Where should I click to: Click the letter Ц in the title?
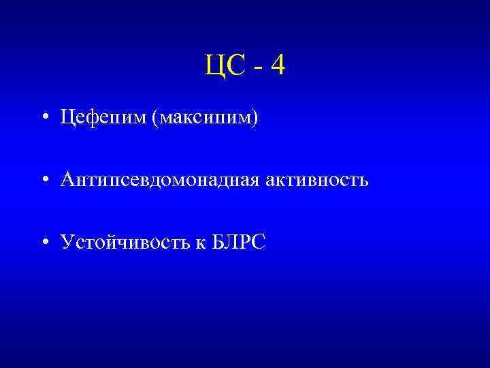[x=212, y=65]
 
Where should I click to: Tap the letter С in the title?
[x=231, y=65]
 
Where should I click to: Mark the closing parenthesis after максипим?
[x=256, y=119]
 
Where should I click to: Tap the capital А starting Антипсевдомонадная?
[x=67, y=180]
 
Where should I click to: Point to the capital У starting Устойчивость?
[x=66, y=243]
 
